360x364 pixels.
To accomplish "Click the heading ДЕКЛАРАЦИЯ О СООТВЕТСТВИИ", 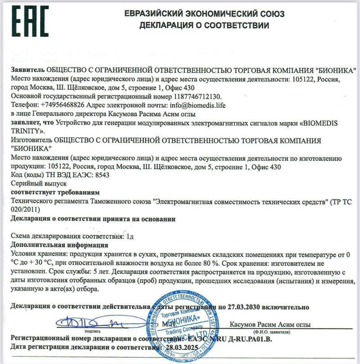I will click(x=204, y=26).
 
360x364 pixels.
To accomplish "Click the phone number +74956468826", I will click(x=67, y=105).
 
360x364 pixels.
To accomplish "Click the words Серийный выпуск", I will click(x=38, y=184).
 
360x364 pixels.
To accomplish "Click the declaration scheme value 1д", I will click(x=129, y=236).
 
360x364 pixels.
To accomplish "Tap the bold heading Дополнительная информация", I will click(x=59, y=245).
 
